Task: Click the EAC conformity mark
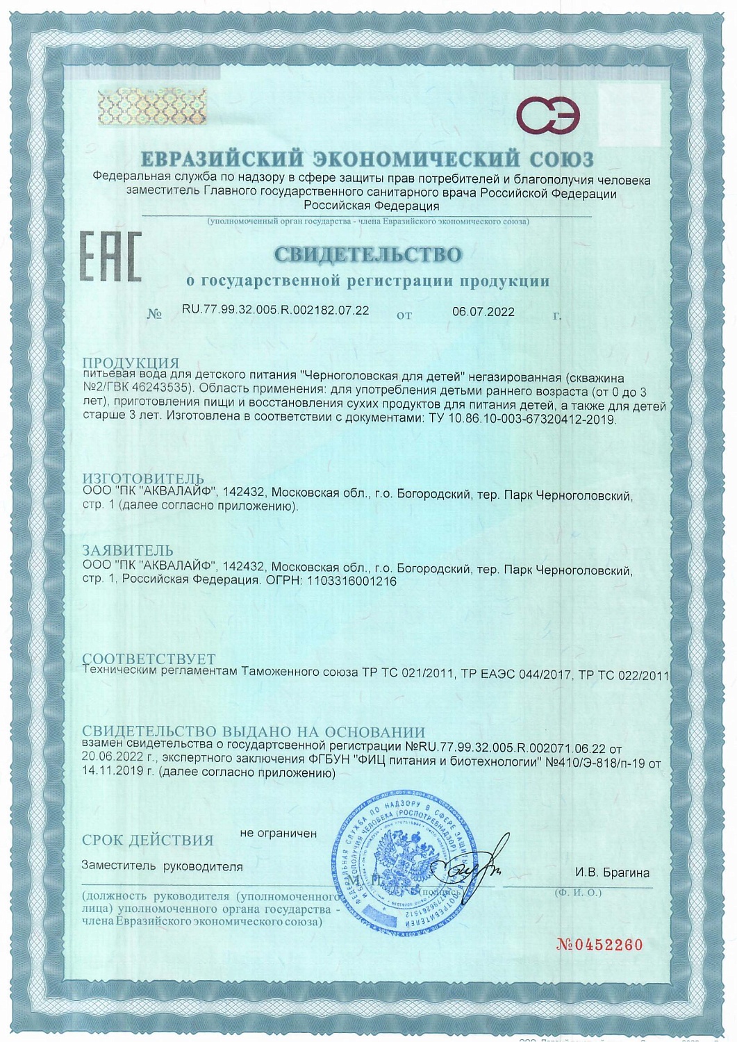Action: coord(110,257)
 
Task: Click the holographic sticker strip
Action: coord(152,106)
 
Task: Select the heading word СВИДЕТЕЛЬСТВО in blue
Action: coord(368,254)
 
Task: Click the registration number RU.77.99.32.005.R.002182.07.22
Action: coord(275,311)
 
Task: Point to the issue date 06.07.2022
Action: coord(483,312)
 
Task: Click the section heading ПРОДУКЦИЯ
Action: coord(131,363)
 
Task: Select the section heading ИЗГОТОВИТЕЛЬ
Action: coord(143,478)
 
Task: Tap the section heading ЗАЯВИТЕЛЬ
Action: coord(128,551)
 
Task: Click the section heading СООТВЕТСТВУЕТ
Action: coord(149,658)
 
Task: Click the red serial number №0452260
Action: coord(600,945)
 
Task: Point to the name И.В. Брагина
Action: coord(612,873)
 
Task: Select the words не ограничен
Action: coord(278,833)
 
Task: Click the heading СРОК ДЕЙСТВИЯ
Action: coord(148,840)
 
